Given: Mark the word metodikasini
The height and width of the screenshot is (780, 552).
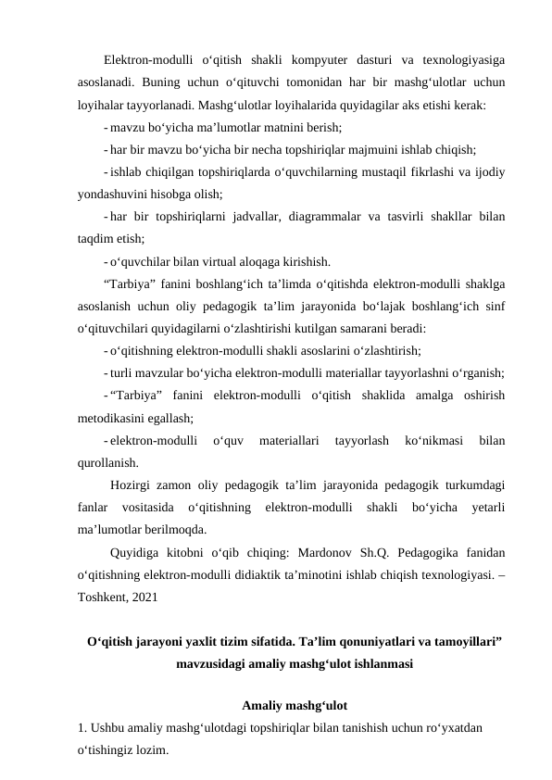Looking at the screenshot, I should [117, 418].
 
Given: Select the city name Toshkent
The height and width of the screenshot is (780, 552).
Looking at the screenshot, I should [104, 598].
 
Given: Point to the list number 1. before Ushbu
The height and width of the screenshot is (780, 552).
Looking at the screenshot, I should [82, 729].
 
